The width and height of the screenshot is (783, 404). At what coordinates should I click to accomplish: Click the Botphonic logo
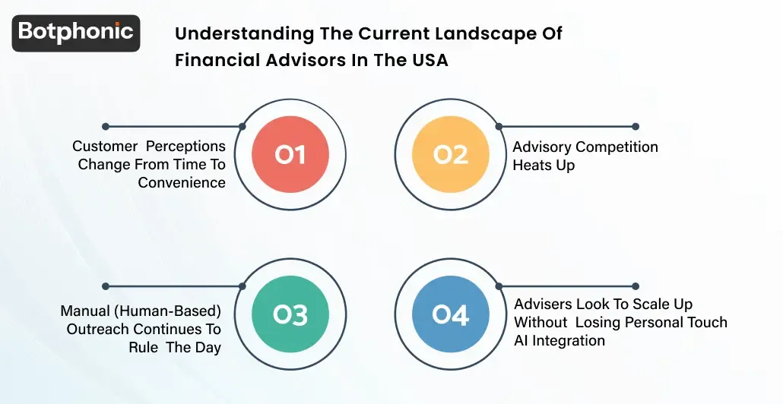(76, 33)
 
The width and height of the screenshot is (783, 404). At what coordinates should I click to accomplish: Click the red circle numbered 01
(290, 155)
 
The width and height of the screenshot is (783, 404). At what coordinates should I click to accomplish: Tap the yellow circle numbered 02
(450, 155)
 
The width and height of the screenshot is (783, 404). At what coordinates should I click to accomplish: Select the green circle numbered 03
(290, 314)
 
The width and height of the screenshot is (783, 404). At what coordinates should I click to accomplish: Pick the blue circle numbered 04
(450, 314)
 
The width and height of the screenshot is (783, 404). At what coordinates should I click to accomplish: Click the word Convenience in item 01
(182, 182)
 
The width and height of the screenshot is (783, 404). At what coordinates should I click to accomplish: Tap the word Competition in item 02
(617, 147)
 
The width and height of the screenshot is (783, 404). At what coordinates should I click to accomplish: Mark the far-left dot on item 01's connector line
(106, 127)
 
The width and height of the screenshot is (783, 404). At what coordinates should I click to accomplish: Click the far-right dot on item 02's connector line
(636, 127)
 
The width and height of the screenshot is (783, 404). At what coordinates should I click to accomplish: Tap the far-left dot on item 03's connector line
(106, 286)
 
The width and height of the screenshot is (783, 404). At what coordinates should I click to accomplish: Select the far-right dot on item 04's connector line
(636, 286)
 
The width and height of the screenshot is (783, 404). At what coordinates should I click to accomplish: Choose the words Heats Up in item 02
(544, 165)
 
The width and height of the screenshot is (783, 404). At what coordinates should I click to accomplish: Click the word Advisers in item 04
(542, 304)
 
